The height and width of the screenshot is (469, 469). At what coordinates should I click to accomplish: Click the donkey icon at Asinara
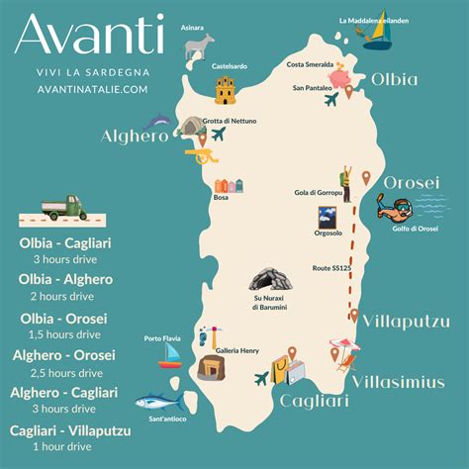201,47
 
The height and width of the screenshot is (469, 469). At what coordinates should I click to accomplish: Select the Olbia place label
395,79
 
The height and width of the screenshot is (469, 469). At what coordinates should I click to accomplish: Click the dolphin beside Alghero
157,122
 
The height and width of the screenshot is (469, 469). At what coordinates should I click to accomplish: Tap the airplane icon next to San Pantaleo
330,99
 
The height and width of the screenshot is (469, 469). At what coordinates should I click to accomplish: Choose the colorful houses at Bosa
228,185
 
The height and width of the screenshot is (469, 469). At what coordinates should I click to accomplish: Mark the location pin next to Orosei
366,178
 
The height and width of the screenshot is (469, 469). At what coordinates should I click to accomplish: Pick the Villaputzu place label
406,322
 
